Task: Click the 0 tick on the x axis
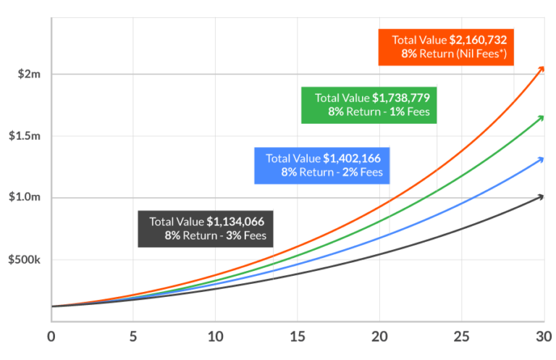pyautogui.click(x=51, y=336)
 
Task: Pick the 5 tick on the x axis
pyautogui.click(x=133, y=336)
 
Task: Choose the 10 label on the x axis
pyautogui.click(x=215, y=336)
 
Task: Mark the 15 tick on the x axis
pyautogui.click(x=297, y=336)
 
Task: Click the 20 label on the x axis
pyautogui.click(x=379, y=336)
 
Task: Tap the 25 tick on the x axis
pyautogui.click(x=461, y=336)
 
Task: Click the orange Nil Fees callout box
pyautogui.click(x=447, y=47)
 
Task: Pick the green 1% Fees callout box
pyautogui.click(x=369, y=105)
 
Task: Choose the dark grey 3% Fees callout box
pyautogui.click(x=206, y=228)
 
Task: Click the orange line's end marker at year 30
pyautogui.click(x=541, y=70)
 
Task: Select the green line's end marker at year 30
pyautogui.click(x=541, y=118)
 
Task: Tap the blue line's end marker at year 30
pyautogui.click(x=541, y=159)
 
